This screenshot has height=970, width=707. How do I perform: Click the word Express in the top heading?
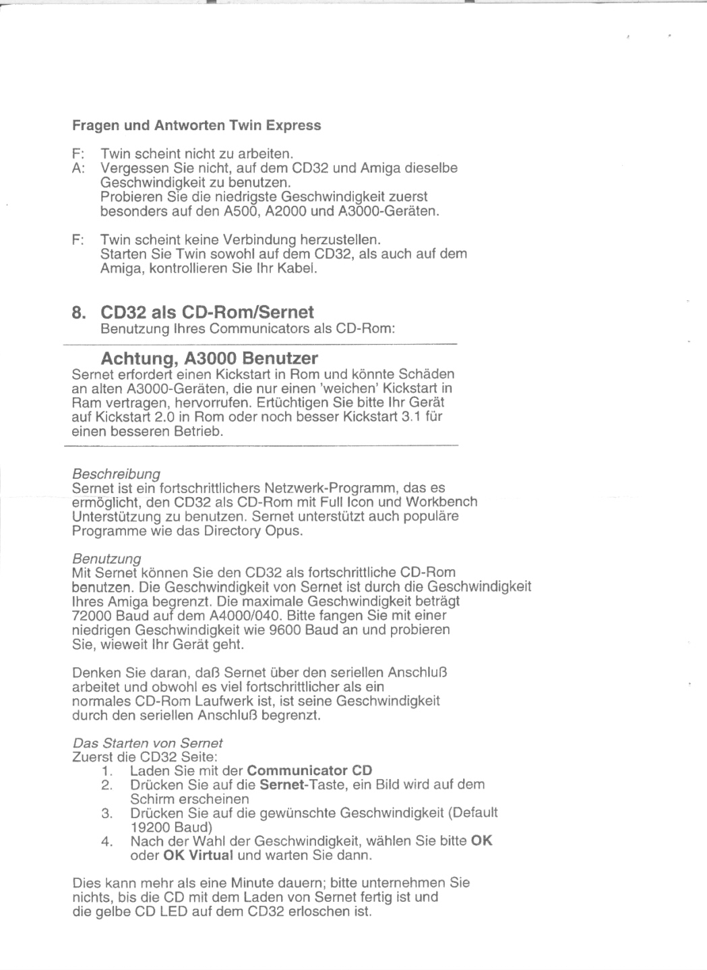point(293,125)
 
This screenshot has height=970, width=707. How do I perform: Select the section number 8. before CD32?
point(80,312)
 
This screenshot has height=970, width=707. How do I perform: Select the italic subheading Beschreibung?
point(116,474)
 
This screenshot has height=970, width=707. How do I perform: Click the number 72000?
point(92,616)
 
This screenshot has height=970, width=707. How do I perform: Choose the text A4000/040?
point(241,616)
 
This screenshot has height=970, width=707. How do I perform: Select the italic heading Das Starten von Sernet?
point(148,743)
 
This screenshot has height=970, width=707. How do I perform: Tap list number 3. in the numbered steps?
point(106,814)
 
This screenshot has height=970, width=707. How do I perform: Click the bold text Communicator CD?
point(309,770)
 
